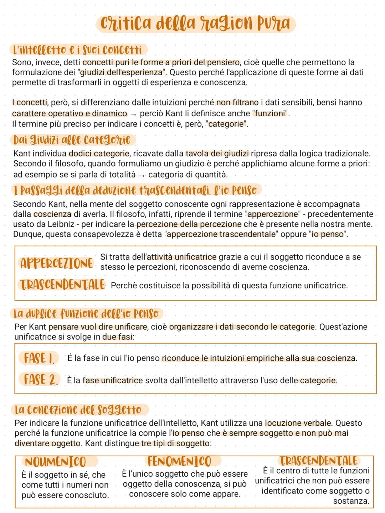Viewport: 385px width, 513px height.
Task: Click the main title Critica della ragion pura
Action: [195, 24]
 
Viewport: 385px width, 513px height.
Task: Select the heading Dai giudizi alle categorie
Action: [72, 140]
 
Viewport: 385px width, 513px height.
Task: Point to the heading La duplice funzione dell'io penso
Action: [86, 314]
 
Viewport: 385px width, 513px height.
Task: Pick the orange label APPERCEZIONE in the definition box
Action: [57, 264]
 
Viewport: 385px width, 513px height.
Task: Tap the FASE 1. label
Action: [39, 358]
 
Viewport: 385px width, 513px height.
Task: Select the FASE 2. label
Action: [40, 380]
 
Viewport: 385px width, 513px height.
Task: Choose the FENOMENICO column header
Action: [179, 462]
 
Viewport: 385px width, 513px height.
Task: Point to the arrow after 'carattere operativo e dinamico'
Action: [133, 114]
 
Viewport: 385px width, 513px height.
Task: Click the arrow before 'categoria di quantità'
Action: [142, 175]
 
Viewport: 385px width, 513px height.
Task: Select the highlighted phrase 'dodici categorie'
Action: [99, 154]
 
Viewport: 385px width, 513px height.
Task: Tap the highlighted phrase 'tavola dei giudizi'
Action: [217, 154]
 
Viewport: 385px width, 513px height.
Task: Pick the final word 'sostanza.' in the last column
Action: [351, 501]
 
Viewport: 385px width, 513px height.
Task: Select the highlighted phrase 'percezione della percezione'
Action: [189, 225]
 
